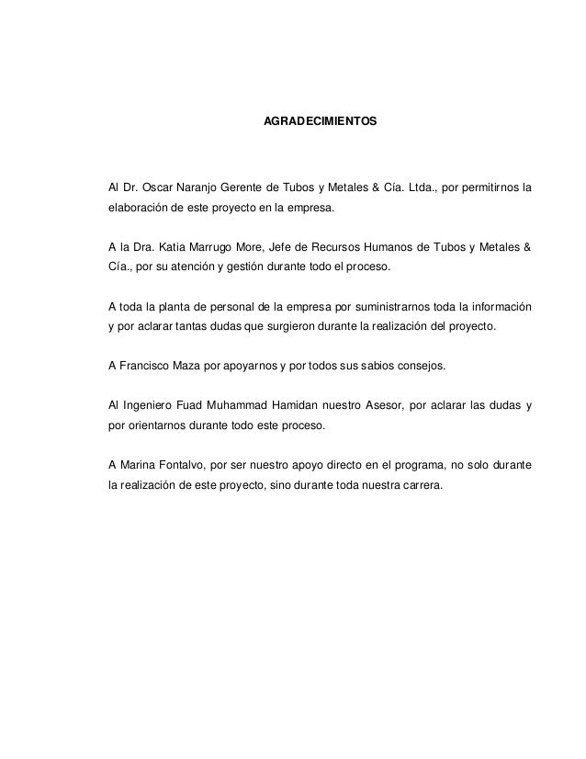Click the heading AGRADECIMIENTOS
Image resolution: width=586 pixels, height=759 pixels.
[x=320, y=121]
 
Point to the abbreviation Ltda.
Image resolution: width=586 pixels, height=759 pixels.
[x=410, y=189]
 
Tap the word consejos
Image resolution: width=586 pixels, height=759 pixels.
[x=413, y=365]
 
